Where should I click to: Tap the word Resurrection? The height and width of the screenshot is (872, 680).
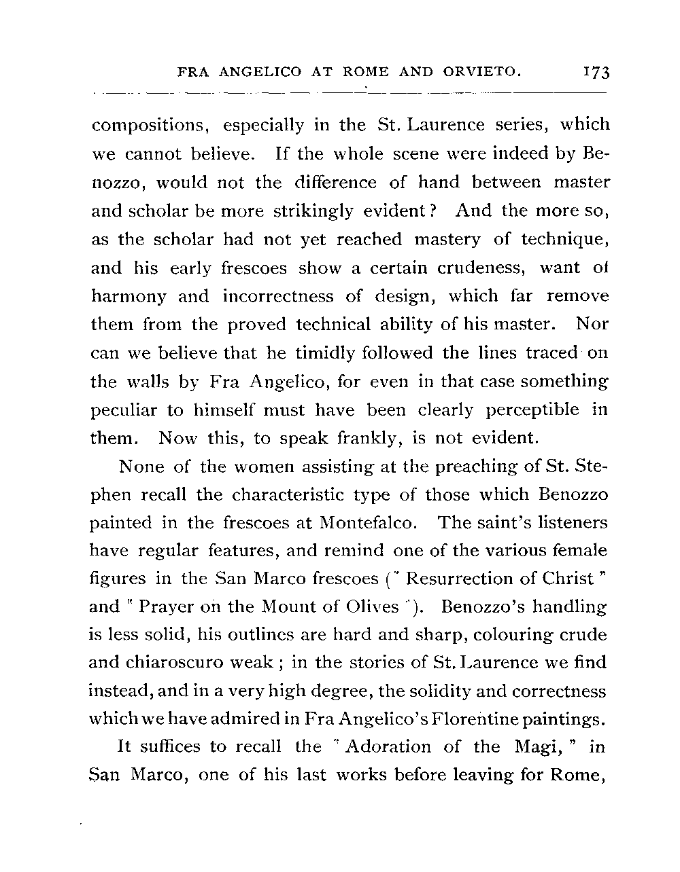[462, 579]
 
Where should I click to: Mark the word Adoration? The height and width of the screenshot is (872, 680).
[388, 747]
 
